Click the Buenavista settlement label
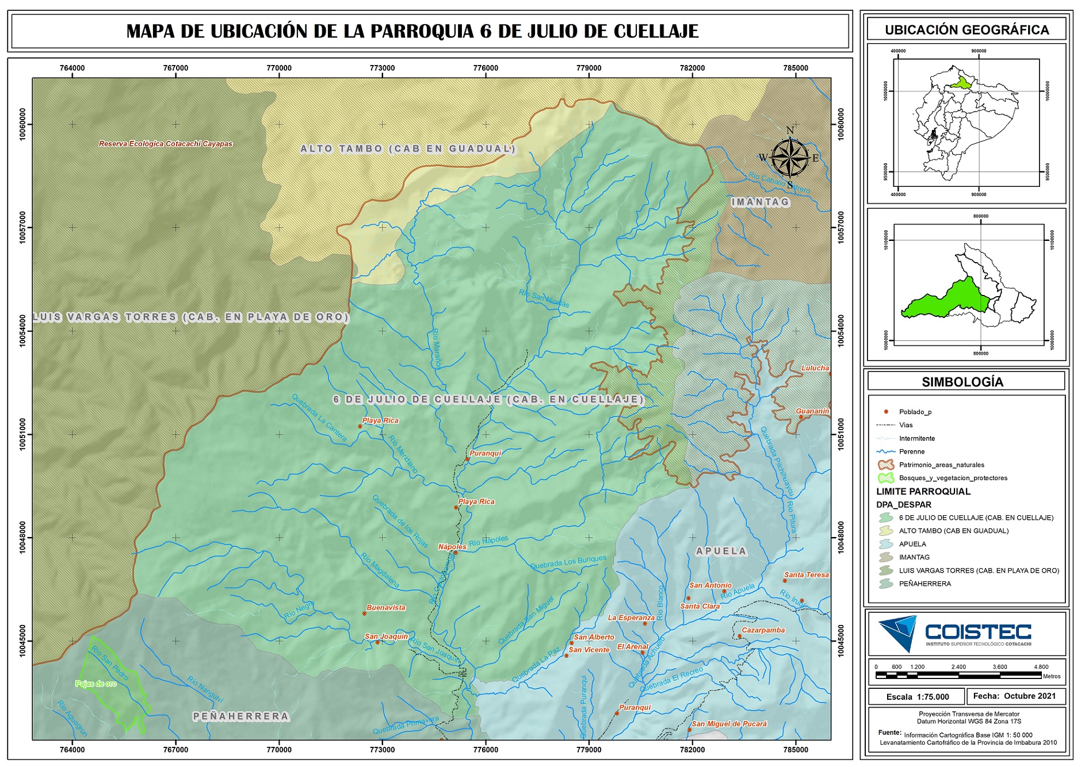pyautogui.click(x=386, y=608)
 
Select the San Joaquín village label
pyautogui.click(x=386, y=636)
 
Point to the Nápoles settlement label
pyautogui.click(x=452, y=547)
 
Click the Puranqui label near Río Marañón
pyautogui.click(x=485, y=453)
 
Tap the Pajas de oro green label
pyautogui.click(x=96, y=684)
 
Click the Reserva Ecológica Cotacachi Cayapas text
pyautogui.click(x=166, y=144)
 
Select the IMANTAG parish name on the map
pyautogui.click(x=760, y=202)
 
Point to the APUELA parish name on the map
pyautogui.click(x=721, y=551)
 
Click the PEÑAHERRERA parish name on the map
pyautogui.click(x=241, y=716)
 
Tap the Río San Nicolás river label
pyautogui.click(x=544, y=298)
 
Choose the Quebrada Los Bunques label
pyautogui.click(x=568, y=562)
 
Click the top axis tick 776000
pyautogui.click(x=486, y=68)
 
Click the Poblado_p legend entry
pyautogui.click(x=915, y=412)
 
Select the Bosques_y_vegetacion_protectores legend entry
pyautogui.click(x=953, y=478)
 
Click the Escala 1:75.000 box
pyautogui.click(x=917, y=697)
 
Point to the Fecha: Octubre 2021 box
pyautogui.click(x=1014, y=696)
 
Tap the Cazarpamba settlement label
pyautogui.click(x=763, y=630)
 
